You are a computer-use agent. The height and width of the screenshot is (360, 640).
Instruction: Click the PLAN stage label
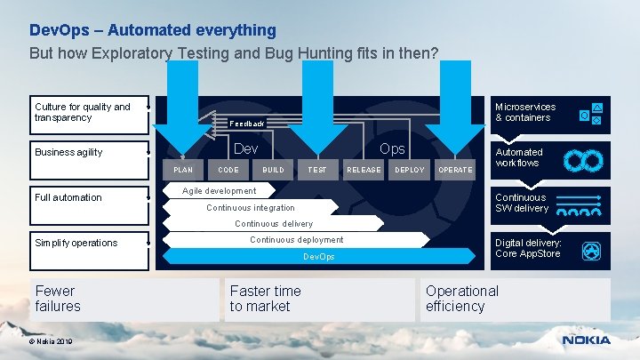183,170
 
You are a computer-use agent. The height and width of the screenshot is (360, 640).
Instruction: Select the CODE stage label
228,170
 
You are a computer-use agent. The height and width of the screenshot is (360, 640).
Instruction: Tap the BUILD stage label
273,170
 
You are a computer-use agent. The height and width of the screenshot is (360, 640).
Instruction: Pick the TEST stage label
317,170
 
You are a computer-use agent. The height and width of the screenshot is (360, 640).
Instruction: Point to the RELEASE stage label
364,170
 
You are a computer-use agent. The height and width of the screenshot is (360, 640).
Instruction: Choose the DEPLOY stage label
410,170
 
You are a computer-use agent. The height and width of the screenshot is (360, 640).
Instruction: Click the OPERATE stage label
456,170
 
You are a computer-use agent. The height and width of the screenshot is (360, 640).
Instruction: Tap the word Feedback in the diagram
247,124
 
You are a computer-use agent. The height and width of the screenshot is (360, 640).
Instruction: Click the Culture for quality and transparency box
89,112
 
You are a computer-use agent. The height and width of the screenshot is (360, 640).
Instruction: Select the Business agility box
89,152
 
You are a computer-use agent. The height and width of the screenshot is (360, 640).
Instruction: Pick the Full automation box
89,197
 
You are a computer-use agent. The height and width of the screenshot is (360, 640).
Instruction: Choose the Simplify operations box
89,243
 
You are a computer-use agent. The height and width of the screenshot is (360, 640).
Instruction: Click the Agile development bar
219,191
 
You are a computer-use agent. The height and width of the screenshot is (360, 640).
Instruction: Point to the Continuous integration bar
251,208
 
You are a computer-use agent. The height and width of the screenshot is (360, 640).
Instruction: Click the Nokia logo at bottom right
586,340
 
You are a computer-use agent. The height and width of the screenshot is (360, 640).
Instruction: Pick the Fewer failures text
58,299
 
